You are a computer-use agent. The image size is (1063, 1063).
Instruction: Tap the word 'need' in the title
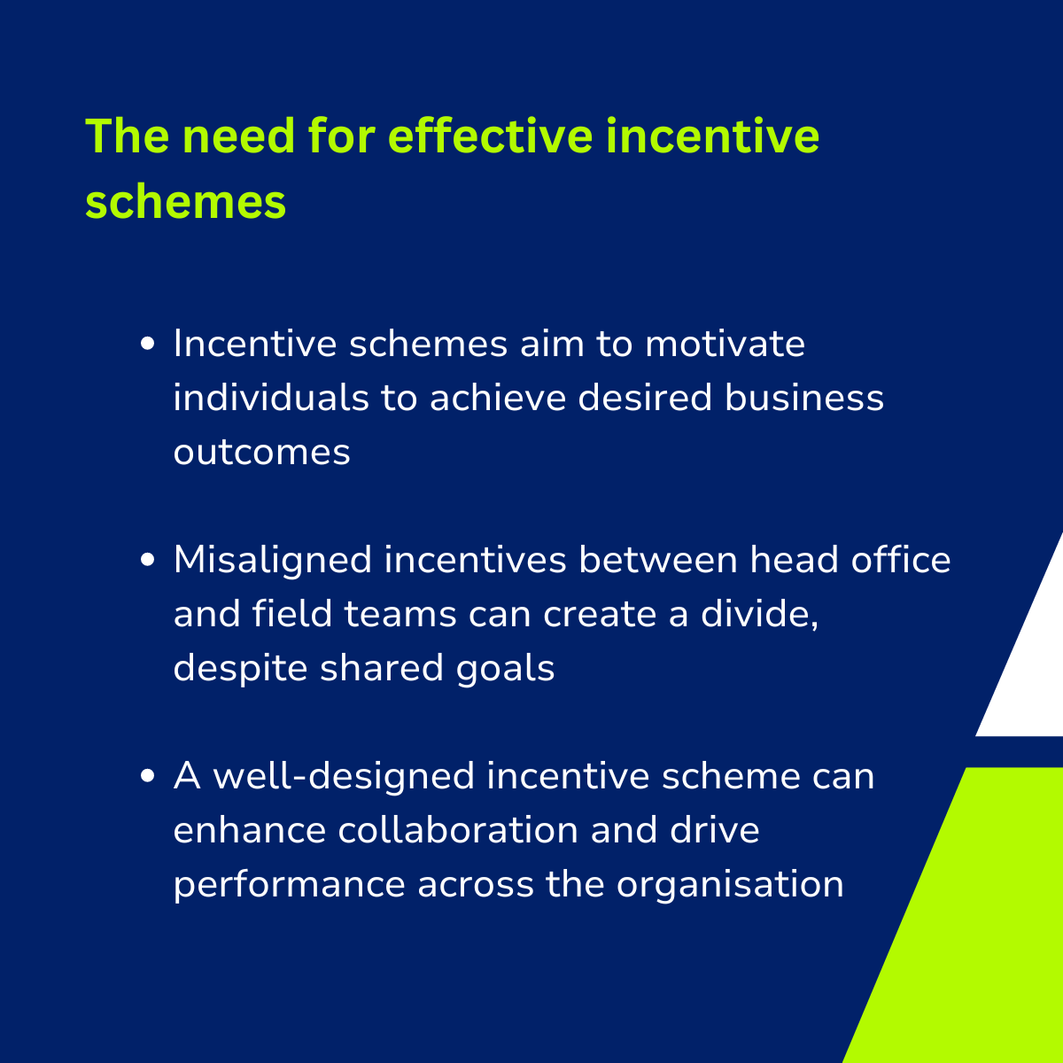[238, 136]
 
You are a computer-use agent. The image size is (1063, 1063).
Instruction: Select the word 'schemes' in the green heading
[185, 202]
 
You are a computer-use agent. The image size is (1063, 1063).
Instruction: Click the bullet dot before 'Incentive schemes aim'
[147, 344]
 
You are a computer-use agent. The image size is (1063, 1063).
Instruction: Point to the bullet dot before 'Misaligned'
[147, 559]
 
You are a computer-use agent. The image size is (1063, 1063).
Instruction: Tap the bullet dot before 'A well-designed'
[147, 776]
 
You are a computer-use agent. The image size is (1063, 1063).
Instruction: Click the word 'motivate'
[725, 344]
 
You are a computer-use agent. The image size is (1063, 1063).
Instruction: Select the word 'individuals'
[271, 397]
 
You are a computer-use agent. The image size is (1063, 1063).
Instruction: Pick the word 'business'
[804, 397]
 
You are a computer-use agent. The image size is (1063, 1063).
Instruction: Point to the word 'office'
[901, 559]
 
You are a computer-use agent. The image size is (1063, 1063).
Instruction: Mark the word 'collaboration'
[458, 830]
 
